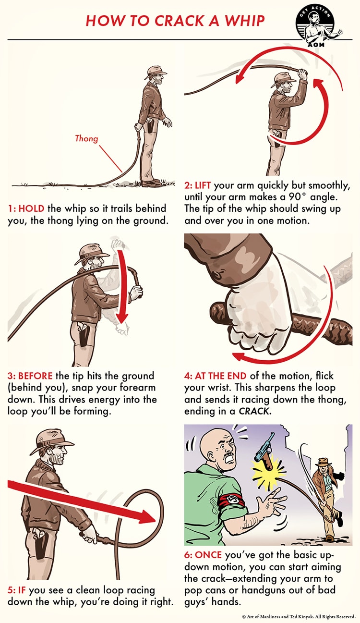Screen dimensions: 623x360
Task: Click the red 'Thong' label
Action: (x=86, y=139)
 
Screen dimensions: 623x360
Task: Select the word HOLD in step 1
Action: (x=33, y=209)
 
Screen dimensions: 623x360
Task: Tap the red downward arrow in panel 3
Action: (x=123, y=288)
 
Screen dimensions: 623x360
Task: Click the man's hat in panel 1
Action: (x=155, y=73)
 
